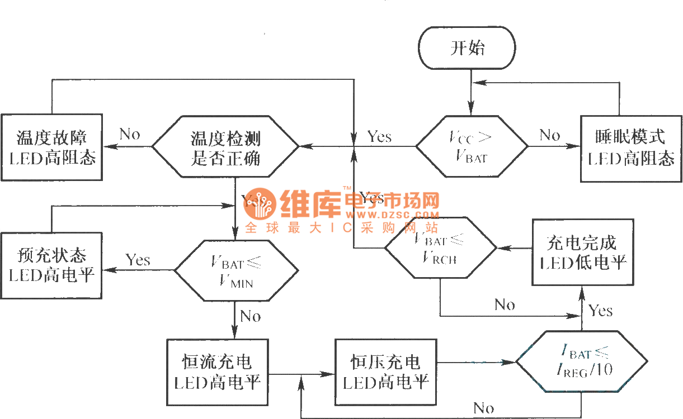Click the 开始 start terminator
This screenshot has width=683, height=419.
pyautogui.click(x=468, y=48)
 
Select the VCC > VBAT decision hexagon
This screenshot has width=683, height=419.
pyautogui.click(x=471, y=146)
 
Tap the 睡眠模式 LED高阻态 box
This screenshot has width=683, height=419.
pyautogui.click(x=631, y=148)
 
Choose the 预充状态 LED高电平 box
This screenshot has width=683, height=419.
pyautogui.click(x=51, y=265)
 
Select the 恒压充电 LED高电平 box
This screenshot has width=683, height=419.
pyautogui.click(x=385, y=372)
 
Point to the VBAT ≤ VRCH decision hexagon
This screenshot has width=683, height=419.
pyautogui.click(x=440, y=247)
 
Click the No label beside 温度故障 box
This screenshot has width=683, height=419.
pyautogui.click(x=130, y=134)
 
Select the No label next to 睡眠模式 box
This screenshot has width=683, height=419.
pyautogui.click(x=549, y=135)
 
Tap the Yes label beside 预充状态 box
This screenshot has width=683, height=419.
pyautogui.click(x=138, y=260)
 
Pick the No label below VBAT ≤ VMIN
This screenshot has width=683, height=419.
pyautogui.click(x=250, y=316)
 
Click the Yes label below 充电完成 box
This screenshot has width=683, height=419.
pyautogui.click(x=600, y=311)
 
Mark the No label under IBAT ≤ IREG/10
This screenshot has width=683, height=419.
pyautogui.click(x=483, y=408)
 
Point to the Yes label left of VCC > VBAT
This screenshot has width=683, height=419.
pyautogui.click(x=379, y=136)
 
